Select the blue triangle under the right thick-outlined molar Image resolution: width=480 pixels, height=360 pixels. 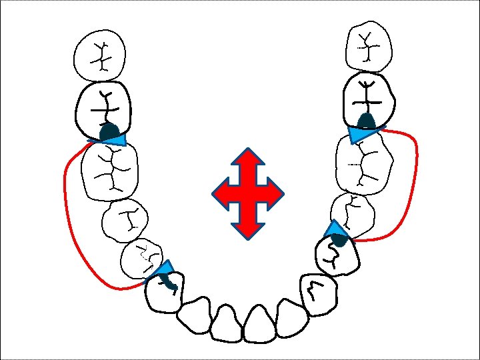(x=361, y=134)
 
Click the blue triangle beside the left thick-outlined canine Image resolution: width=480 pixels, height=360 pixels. (x=163, y=269)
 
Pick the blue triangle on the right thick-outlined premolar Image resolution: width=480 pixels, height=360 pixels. (x=334, y=230)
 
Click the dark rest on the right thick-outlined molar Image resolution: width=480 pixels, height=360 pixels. (x=365, y=121)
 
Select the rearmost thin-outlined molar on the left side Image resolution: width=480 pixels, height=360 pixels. (x=101, y=55)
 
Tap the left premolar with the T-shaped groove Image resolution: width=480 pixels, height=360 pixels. (x=125, y=219)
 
